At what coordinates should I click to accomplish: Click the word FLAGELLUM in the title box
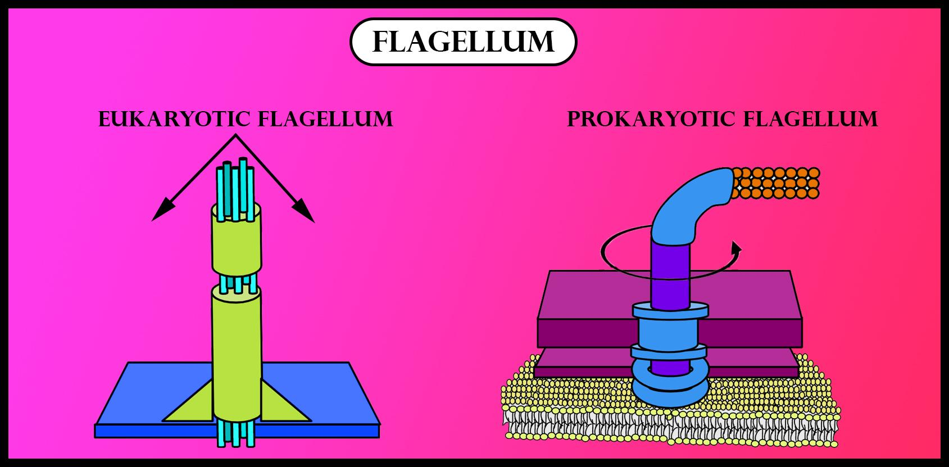click(463, 42)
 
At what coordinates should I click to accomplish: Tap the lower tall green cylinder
click(237, 354)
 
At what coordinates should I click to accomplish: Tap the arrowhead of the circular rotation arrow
click(737, 248)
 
